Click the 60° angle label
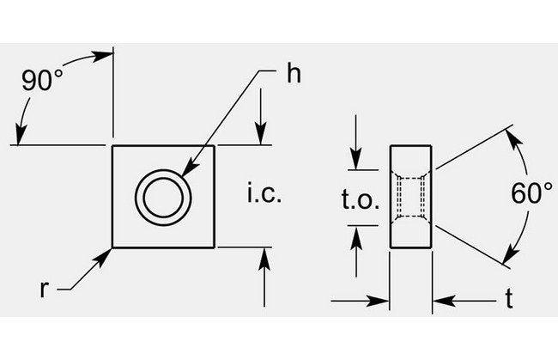[x=525, y=194]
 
